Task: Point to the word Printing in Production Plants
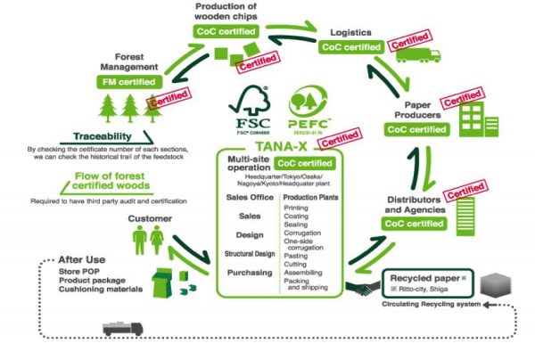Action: click(x=297, y=208)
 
